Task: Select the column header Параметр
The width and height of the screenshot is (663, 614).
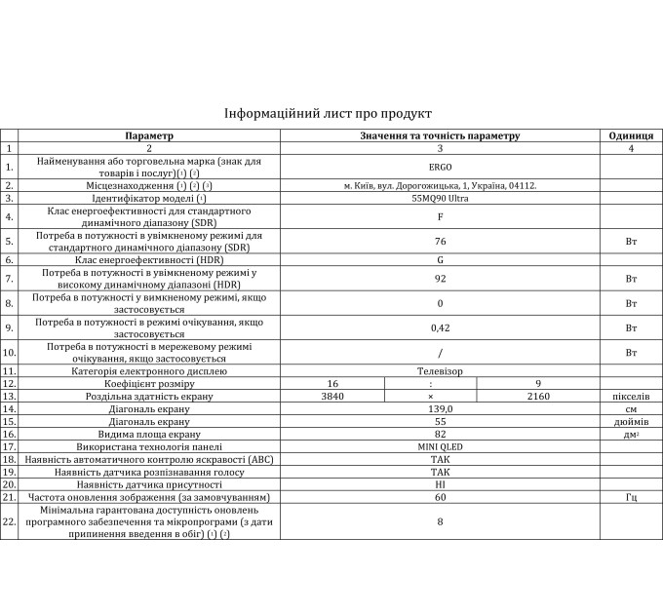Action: [x=148, y=136]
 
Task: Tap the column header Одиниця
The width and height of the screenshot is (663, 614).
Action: [x=631, y=136]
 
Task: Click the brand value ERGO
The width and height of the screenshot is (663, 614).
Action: [x=440, y=167]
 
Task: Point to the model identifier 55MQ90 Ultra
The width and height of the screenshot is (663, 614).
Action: [x=440, y=198]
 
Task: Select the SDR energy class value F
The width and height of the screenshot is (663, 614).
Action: [x=440, y=216]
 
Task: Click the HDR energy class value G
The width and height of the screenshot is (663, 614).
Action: [x=440, y=260]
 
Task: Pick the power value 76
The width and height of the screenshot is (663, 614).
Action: [x=440, y=241]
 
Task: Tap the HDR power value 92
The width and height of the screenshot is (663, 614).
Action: [x=440, y=279]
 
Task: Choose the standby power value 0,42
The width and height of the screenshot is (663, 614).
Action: [x=440, y=327]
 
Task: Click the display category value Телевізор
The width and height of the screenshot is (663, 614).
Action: [x=440, y=371]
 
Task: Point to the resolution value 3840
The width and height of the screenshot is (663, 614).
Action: [x=332, y=397]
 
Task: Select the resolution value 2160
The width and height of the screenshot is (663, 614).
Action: [x=538, y=397]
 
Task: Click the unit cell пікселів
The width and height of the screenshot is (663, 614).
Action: [x=631, y=397]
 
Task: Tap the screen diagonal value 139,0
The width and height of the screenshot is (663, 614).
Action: [x=440, y=409]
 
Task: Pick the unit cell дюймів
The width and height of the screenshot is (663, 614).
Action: [x=631, y=422]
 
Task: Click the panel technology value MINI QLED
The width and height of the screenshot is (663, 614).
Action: [x=440, y=446]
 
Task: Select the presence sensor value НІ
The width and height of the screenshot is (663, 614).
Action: [x=440, y=484]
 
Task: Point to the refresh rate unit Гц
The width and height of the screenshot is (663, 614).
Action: [x=631, y=497]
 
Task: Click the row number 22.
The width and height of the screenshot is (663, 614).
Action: [x=10, y=522]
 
